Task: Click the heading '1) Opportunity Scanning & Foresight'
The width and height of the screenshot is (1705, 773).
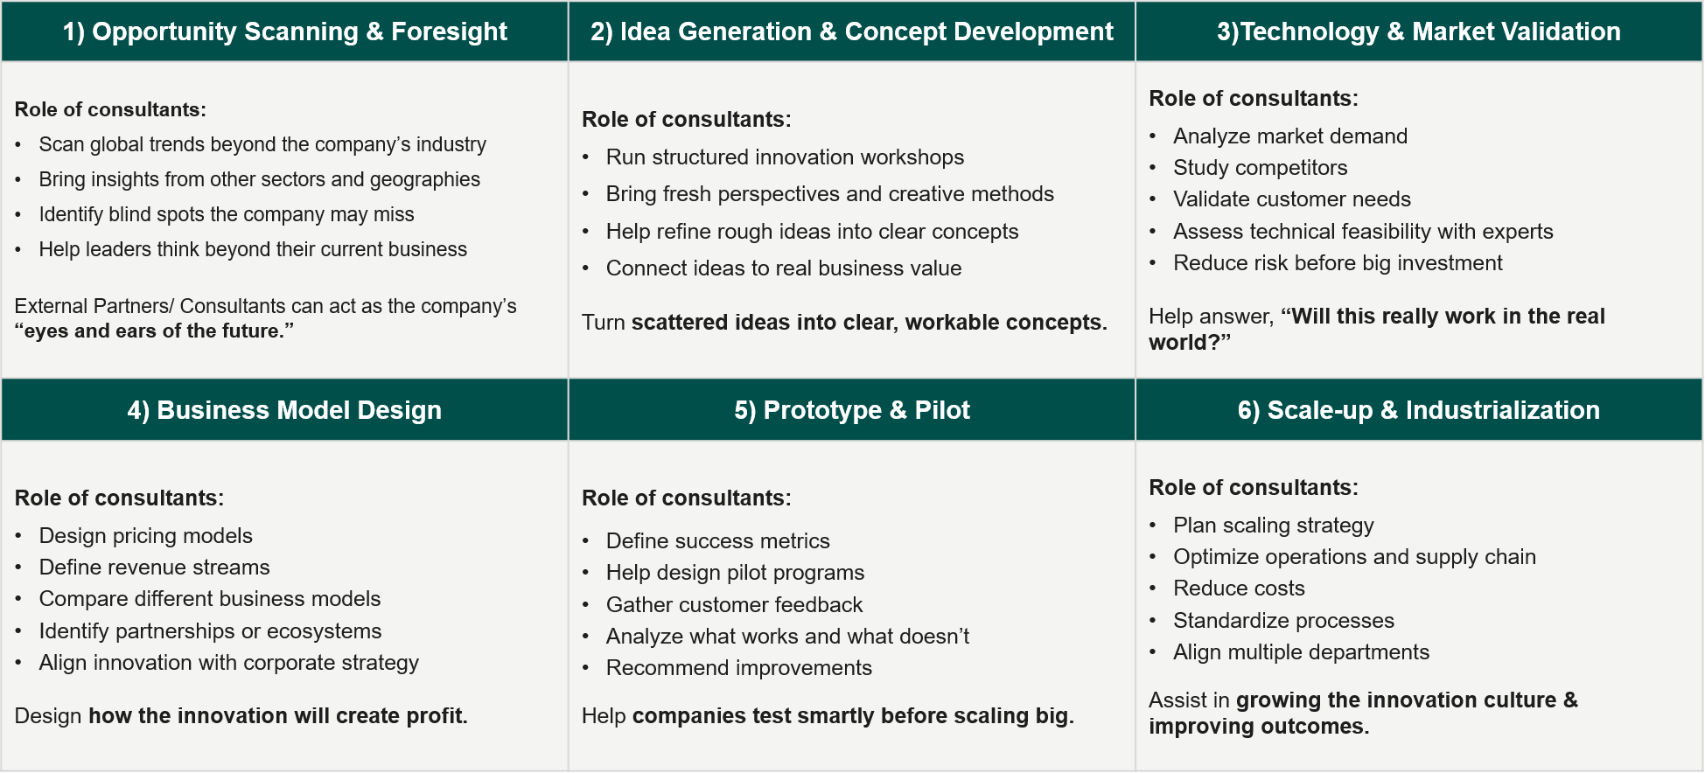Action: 284,31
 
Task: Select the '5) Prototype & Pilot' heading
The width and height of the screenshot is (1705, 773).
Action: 852,410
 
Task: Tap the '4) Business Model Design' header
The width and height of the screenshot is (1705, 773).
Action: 284,410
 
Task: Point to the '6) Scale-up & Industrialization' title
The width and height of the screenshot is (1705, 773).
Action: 1418,410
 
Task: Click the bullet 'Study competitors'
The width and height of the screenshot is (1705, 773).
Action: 1260,168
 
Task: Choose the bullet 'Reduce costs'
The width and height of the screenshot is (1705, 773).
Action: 1239,588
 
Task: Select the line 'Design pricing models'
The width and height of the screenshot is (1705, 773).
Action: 145,536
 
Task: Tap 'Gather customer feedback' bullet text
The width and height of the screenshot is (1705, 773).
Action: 734,605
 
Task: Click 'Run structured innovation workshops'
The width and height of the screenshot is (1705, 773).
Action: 785,157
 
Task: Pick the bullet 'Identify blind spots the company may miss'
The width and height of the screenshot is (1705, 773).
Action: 226,214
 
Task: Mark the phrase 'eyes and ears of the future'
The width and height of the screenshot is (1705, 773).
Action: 153,331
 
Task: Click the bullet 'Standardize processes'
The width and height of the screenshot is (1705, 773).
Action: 1283,621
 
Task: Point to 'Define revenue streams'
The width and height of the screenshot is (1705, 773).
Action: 154,568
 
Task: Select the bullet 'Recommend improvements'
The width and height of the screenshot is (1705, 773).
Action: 738,668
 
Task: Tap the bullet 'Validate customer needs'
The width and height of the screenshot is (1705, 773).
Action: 1291,199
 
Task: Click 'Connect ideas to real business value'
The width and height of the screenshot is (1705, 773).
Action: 783,268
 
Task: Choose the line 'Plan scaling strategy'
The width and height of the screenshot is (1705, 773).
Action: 1273,526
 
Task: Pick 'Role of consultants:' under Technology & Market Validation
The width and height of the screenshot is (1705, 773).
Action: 1253,99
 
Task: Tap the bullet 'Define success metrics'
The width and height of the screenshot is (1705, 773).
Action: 717,541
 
